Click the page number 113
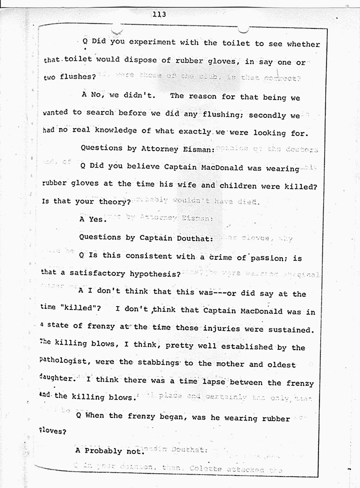159,15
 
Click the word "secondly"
267,115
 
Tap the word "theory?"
113,201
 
